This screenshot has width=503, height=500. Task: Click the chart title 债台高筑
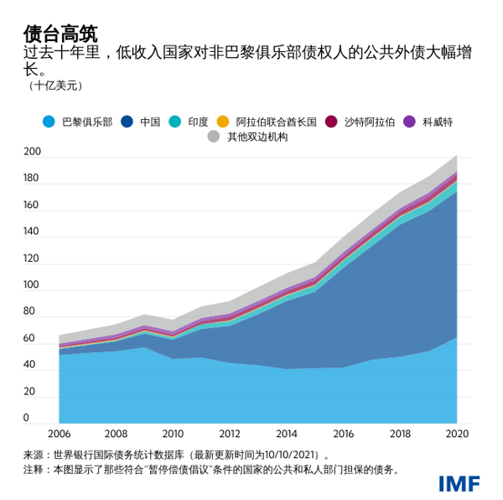click(x=60, y=34)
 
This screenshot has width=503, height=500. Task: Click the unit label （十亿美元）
click(x=55, y=86)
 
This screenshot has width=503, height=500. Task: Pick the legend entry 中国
click(x=150, y=122)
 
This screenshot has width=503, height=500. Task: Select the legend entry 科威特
click(x=438, y=122)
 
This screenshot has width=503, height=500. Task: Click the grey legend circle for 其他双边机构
click(x=214, y=137)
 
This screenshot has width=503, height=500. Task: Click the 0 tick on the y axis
click(x=26, y=419)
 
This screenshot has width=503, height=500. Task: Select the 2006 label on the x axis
click(x=59, y=435)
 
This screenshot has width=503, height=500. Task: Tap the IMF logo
click(x=458, y=484)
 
